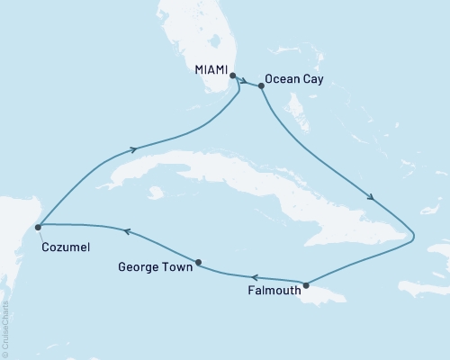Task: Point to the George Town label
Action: pyautogui.click(x=154, y=266)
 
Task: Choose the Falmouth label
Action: pyautogui.click(x=273, y=291)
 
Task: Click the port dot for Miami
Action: pyautogui.click(x=233, y=76)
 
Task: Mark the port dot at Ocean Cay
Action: pyautogui.click(x=261, y=86)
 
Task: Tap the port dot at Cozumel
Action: pyautogui.click(x=38, y=228)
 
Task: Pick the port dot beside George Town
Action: pyautogui.click(x=198, y=263)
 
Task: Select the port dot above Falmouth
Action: pyautogui.click(x=306, y=285)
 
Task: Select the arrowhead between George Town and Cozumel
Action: pyautogui.click(x=127, y=231)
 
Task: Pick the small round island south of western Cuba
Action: pyautogui.click(x=156, y=192)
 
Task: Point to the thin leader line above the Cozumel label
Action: pyautogui.click(x=41, y=234)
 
